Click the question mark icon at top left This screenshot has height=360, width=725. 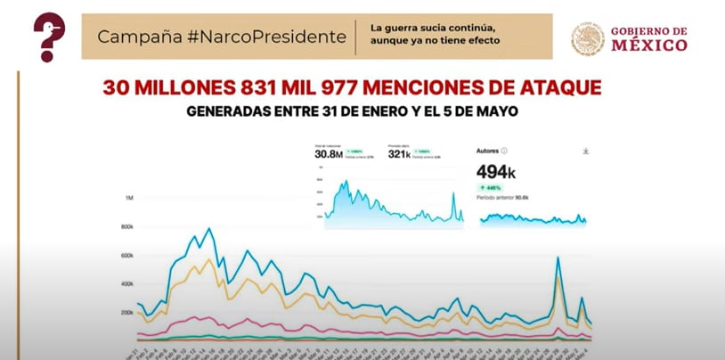49,36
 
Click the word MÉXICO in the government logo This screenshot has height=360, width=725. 648,45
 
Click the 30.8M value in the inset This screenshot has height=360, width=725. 328,153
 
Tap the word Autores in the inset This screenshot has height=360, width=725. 489,151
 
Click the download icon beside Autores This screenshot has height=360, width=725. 585,151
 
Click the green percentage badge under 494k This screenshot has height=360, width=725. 492,188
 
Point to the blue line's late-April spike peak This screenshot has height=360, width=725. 558,258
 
